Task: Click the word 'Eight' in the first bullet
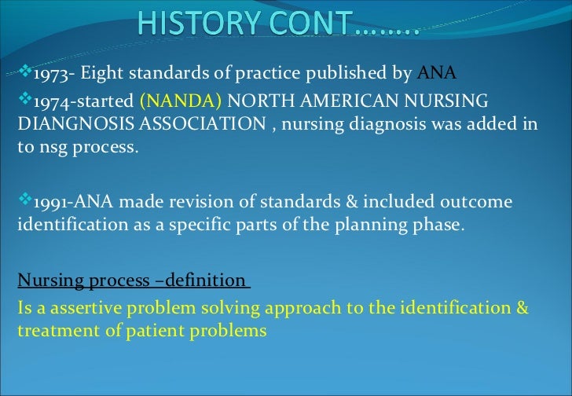click(101, 75)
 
